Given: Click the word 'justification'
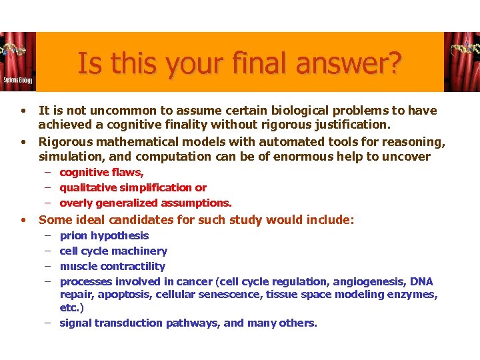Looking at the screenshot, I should click(x=353, y=124).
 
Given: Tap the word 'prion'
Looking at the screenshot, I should click(x=73, y=235).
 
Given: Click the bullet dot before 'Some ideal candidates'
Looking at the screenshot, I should click(x=23, y=220).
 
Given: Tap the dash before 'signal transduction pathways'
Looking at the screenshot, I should click(x=49, y=323).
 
